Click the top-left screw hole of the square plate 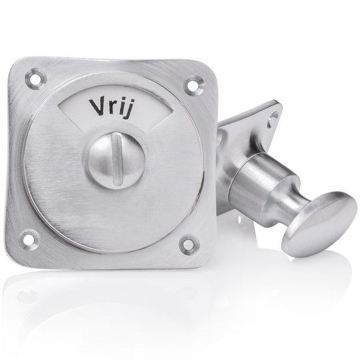[35, 79]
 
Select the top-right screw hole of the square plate [193, 85]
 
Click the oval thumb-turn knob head [319, 225]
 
